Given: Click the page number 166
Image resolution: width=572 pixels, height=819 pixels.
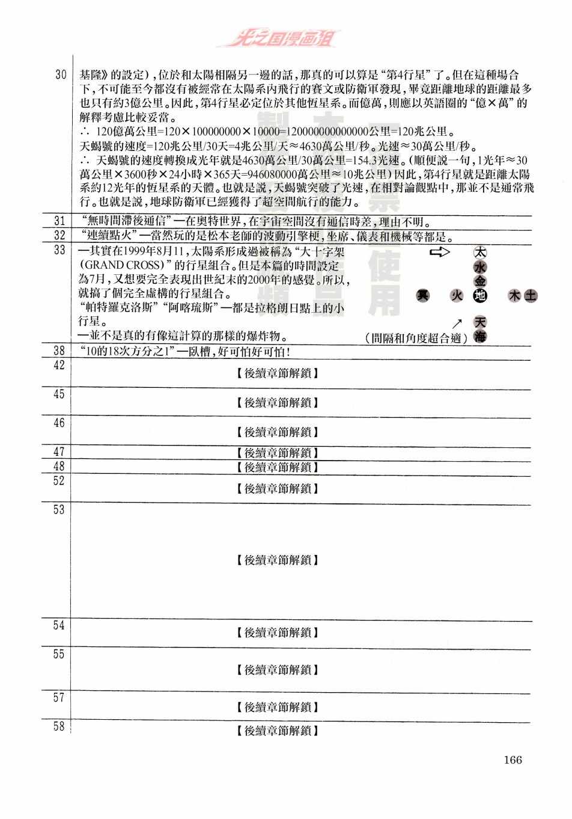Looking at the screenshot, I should (x=513, y=759).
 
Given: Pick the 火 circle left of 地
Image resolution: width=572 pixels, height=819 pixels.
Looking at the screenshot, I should (x=457, y=295).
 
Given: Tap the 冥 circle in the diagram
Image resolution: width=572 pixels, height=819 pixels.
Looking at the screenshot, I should (x=424, y=295).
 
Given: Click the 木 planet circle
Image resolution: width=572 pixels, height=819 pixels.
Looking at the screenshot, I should (x=514, y=295).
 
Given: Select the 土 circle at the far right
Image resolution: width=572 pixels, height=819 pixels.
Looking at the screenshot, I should (x=531, y=295).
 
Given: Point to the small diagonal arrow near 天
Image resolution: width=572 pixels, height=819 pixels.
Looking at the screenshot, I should (x=458, y=324).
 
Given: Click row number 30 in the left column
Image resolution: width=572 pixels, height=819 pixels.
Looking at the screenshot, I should (x=60, y=75).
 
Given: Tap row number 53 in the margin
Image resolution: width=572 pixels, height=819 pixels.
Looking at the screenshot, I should (x=59, y=510).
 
